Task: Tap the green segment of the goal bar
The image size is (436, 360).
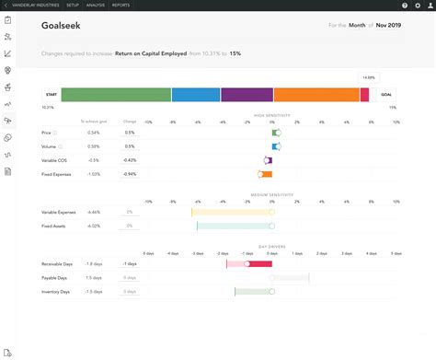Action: (x=116, y=94)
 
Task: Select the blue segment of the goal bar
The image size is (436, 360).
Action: (x=196, y=94)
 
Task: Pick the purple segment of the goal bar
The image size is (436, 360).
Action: (x=247, y=94)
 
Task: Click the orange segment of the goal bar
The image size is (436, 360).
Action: (x=316, y=94)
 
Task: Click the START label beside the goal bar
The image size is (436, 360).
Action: (x=52, y=94)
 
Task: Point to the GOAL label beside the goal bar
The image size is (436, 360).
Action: (x=387, y=94)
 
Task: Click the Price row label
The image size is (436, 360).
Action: (x=47, y=133)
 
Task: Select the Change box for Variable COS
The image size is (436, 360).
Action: (x=130, y=160)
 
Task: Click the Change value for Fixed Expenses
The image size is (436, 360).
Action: (x=130, y=174)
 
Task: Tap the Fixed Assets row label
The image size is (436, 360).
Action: (x=55, y=226)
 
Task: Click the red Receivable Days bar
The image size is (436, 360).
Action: (x=249, y=264)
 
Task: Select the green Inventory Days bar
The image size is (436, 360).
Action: (x=253, y=292)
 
